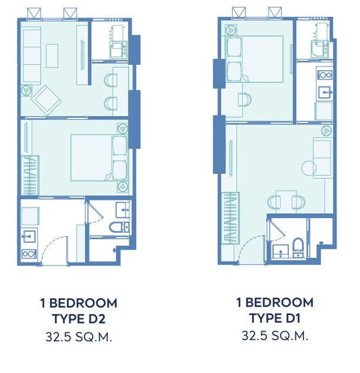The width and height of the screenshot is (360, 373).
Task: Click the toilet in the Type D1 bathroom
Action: tap(298, 247)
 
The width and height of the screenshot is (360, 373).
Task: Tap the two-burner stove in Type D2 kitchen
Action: tap(29, 254)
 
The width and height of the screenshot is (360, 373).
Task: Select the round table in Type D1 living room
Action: tap(309, 168)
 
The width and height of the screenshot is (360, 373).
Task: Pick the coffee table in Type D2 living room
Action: tap(52, 55)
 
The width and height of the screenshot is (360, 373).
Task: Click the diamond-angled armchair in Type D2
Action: tap(47, 100)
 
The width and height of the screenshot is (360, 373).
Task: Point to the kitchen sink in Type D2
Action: tap(29, 236)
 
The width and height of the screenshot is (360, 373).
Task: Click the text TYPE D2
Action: tap(79, 319)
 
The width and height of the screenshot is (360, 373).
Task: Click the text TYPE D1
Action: tap(275, 318)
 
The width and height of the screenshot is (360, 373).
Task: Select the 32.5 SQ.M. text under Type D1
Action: tap(275, 336)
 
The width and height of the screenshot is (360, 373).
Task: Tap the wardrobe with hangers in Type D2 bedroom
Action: tap(30, 176)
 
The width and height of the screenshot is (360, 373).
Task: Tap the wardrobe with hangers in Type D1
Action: tap(230, 218)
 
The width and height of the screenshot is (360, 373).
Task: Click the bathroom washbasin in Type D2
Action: tap(123, 210)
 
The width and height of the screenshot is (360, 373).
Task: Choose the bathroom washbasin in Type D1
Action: tap(280, 252)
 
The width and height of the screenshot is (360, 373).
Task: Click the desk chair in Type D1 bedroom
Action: tap(245, 100)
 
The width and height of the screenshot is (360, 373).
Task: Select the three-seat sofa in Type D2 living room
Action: tap(32, 55)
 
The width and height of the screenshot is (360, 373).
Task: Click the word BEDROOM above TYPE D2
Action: tap(83, 303)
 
